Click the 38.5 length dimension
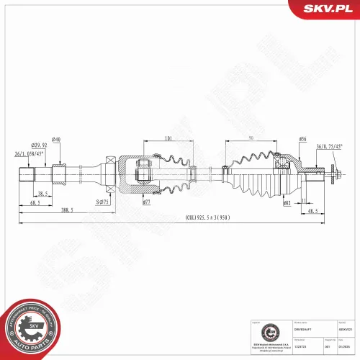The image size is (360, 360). pos(42,193)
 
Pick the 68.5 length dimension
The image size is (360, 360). pos(34,203)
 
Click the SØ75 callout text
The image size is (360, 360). pos(102,204)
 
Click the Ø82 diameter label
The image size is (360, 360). pos(287,204)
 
